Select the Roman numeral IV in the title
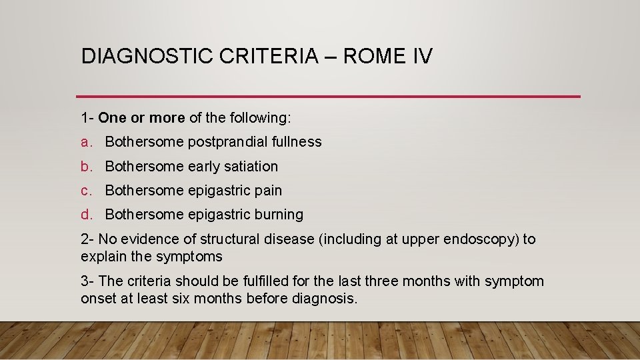tap(422, 56)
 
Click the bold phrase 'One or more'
tap(141, 118)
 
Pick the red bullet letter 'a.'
tap(87, 142)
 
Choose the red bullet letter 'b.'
tap(87, 166)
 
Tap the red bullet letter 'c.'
tap(87, 190)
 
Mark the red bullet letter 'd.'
tap(87, 214)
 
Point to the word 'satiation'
tap(251, 166)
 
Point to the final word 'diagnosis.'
tap(325, 299)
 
